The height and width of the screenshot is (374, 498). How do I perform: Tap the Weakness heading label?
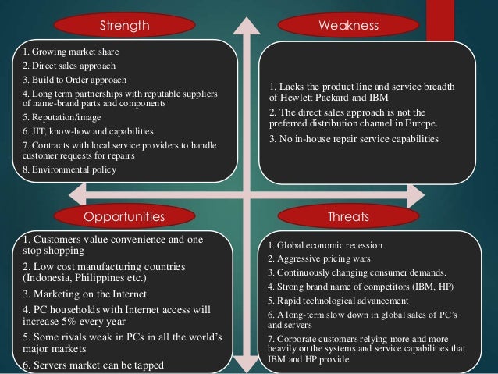coord(349,27)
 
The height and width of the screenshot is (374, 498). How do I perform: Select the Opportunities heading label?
coord(125,214)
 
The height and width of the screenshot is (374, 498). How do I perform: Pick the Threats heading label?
coord(350,214)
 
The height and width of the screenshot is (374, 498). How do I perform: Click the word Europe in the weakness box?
coord(423,123)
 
